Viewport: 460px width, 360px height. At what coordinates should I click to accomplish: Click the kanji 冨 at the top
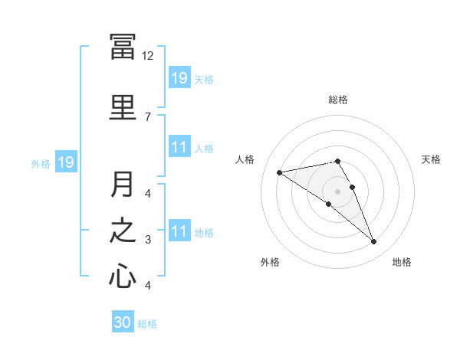point(123,47)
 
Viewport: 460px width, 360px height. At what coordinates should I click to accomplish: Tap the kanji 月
point(123,184)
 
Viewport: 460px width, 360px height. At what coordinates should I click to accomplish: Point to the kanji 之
point(123,230)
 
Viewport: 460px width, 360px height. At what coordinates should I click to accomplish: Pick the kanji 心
point(123,276)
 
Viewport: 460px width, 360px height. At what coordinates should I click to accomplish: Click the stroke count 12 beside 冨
point(148,55)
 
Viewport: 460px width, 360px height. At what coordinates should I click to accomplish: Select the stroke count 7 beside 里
point(148,116)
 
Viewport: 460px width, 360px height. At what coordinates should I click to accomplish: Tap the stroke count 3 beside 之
point(148,240)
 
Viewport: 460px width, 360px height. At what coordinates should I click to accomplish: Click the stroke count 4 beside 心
point(148,286)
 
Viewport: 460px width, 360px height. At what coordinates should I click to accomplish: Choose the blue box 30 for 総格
point(123,322)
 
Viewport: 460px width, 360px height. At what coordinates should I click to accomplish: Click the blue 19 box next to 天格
point(179,77)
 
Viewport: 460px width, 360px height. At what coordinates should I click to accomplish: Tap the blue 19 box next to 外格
point(66,162)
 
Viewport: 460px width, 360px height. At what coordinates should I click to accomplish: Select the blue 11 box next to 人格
point(179,147)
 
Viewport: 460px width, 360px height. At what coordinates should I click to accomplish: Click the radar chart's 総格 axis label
point(338,100)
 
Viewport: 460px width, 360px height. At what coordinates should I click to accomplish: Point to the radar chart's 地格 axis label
point(402,263)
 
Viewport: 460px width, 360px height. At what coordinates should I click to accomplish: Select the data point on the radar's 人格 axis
point(280,172)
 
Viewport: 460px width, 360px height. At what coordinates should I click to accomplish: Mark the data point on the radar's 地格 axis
point(374,242)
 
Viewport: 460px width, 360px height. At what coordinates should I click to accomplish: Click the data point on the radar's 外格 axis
point(329,204)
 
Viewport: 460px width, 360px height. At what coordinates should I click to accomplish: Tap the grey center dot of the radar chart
point(338,191)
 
